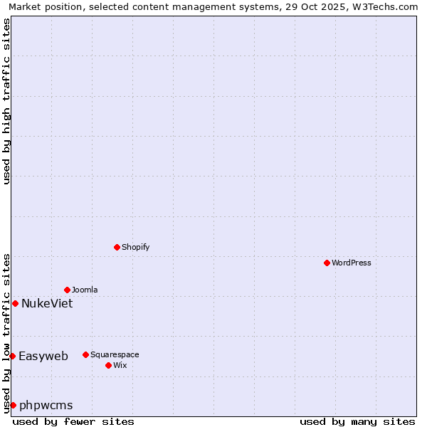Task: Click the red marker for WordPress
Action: click(x=327, y=263)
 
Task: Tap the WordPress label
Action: click(x=351, y=263)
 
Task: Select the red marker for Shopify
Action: click(x=117, y=247)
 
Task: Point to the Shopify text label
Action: click(x=135, y=247)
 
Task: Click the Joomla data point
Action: click(x=67, y=290)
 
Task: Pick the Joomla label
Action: click(x=85, y=290)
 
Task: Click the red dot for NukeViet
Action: click(x=15, y=303)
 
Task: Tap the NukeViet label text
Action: click(x=47, y=303)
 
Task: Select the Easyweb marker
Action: click(x=12, y=356)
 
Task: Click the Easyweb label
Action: click(x=43, y=356)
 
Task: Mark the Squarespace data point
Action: click(x=85, y=354)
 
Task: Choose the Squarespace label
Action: click(x=115, y=354)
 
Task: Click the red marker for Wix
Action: click(x=108, y=365)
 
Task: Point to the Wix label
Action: click(x=120, y=365)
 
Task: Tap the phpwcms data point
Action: click(x=13, y=405)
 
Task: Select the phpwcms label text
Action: click(x=46, y=405)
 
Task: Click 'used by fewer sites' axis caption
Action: click(x=73, y=421)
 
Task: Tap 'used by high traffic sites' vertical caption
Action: click(x=6, y=101)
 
